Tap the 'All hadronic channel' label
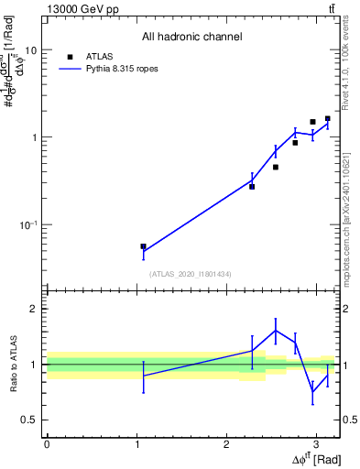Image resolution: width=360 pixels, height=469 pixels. pos(191,38)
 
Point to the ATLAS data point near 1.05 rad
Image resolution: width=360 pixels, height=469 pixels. pos(143,246)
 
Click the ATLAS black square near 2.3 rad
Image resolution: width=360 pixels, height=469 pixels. pos(252,186)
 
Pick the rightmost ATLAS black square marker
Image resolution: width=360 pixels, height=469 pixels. pos(327,118)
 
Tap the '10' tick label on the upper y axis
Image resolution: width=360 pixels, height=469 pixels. pos(30,50)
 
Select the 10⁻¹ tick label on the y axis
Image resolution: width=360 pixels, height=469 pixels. pos(28,224)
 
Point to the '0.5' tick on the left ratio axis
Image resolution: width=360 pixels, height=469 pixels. pos(28,420)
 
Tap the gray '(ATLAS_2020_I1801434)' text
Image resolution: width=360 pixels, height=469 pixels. pos(191,274)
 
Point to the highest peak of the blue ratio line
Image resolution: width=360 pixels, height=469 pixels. pos(275,331)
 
